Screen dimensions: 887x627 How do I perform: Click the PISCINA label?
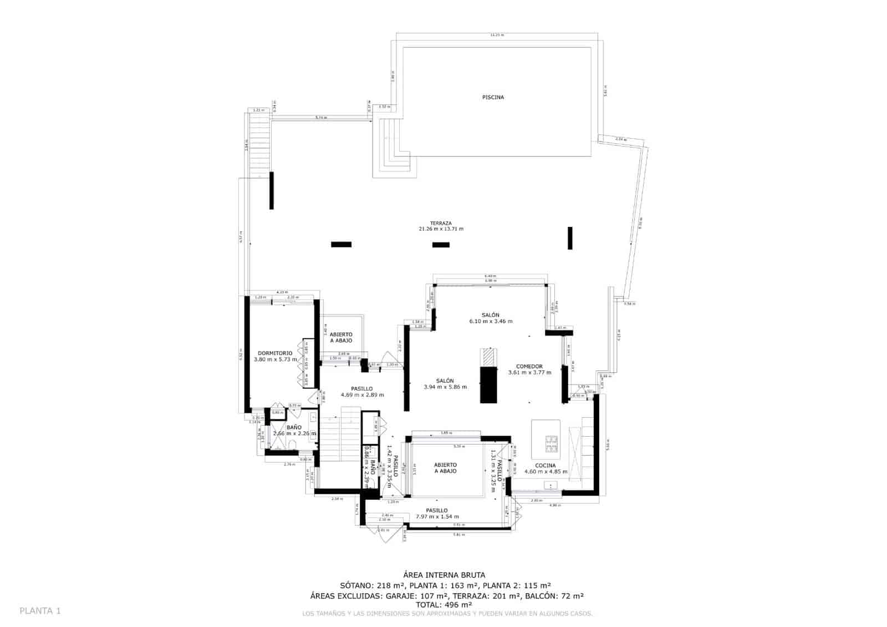(493, 97)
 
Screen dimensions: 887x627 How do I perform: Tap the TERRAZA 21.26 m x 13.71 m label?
(441, 226)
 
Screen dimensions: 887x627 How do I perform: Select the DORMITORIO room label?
(275, 356)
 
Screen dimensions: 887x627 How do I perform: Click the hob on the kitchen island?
(552, 442)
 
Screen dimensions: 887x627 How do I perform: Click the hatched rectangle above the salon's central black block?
(488, 357)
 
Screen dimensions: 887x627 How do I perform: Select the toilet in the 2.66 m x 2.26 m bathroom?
(292, 443)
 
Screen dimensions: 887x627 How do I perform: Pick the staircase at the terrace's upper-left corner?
(259, 144)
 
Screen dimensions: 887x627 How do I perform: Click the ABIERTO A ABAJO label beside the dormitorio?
(341, 337)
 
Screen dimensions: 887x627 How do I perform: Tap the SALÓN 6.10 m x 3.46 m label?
(491, 318)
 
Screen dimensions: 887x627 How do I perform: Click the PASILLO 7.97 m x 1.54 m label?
(437, 513)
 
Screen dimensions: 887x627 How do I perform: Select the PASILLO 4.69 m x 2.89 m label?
(362, 392)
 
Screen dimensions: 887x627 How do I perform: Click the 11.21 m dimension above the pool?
(497, 35)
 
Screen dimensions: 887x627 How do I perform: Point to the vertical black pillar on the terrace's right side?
(570, 238)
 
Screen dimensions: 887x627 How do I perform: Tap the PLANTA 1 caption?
(40, 611)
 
